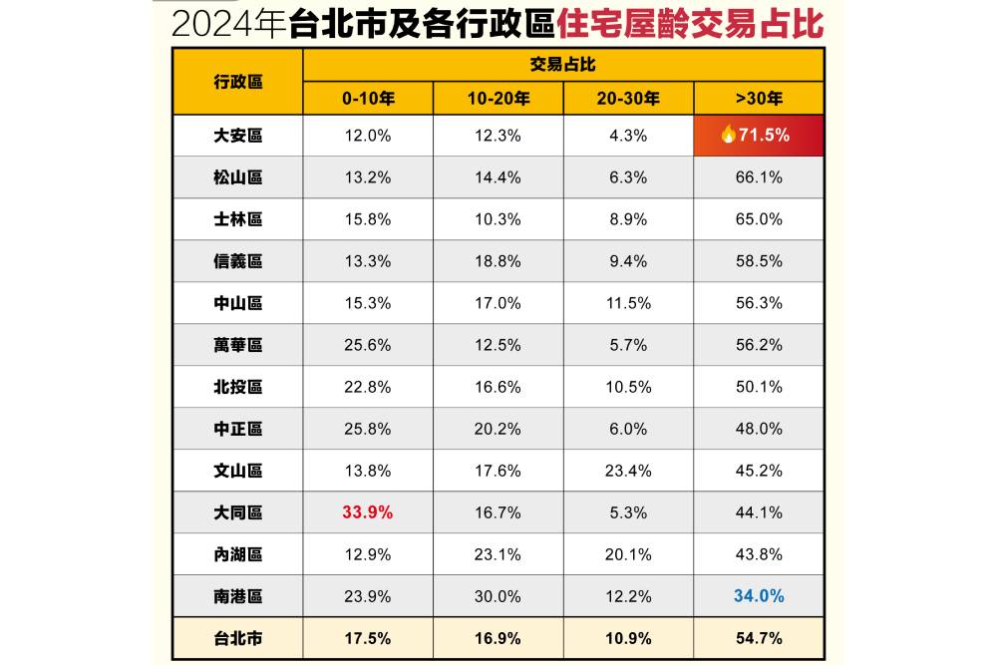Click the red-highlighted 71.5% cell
point(759,135)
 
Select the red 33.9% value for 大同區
point(368,512)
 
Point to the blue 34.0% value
point(759,596)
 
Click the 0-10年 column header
point(368,99)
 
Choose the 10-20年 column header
point(498,99)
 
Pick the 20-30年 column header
point(628,99)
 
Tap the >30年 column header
point(759,99)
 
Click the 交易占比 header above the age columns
point(562,65)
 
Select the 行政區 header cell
point(238,82)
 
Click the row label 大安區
point(238,136)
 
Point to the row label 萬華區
point(238,345)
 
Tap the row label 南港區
point(238,596)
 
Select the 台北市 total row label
point(238,638)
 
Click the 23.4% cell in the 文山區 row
point(628,471)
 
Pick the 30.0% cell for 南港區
point(498,596)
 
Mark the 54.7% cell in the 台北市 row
point(759,638)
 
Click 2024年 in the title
point(229,24)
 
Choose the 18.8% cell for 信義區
point(498,261)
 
